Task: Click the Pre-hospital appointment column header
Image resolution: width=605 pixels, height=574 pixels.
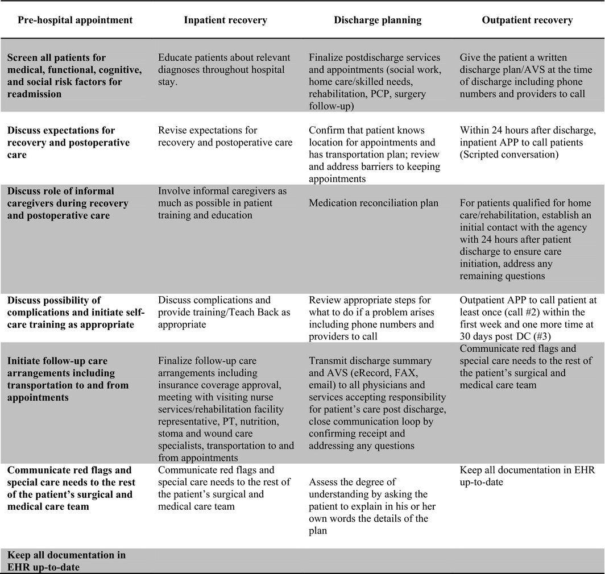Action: click(x=75, y=20)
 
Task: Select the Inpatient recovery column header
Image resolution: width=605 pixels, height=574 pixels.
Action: click(x=225, y=20)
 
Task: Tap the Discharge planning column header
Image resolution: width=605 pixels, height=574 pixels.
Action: click(x=377, y=20)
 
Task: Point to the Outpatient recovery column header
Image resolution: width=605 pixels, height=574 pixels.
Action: click(x=527, y=20)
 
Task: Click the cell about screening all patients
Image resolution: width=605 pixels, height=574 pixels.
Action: click(x=67, y=76)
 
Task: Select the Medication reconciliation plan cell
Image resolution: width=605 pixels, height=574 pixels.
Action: click(x=374, y=203)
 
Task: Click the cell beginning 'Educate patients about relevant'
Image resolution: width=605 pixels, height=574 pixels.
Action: click(x=224, y=64)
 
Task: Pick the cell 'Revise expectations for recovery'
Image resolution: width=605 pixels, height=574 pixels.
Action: click(x=225, y=136)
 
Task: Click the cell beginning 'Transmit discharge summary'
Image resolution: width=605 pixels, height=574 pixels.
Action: click(x=378, y=403)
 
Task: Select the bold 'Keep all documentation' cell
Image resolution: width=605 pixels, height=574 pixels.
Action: click(x=67, y=560)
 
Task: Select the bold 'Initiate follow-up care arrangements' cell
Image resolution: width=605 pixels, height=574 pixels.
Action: click(x=68, y=379)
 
